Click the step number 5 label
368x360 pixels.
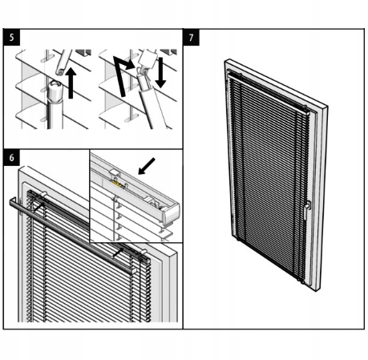pos(10,37)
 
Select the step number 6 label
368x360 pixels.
pos(10,156)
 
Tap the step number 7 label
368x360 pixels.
pos(191,37)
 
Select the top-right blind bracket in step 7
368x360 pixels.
pos(305,107)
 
